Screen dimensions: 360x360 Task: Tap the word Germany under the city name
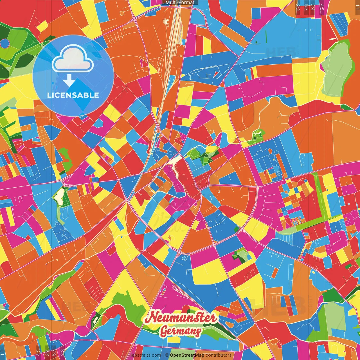click(x=181, y=331)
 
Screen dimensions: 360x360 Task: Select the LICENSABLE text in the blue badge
click(x=73, y=95)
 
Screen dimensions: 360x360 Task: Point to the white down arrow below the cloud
click(x=69, y=81)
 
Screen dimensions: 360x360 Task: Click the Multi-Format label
click(x=180, y=3)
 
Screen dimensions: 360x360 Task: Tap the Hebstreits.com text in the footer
click(x=145, y=355)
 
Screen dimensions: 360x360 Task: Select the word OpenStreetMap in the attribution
click(x=187, y=355)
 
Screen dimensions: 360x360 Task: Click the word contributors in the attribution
click(x=219, y=355)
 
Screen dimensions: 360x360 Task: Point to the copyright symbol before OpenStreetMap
click(x=167, y=355)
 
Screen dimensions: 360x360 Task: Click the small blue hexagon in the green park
click(x=5, y=43)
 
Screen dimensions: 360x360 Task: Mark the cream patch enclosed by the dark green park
click(x=59, y=196)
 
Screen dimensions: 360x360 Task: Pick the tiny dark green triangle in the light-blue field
click(x=256, y=42)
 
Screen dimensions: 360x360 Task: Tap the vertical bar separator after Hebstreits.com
click(x=163, y=355)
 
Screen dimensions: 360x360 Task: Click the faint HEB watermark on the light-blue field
click(x=277, y=52)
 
